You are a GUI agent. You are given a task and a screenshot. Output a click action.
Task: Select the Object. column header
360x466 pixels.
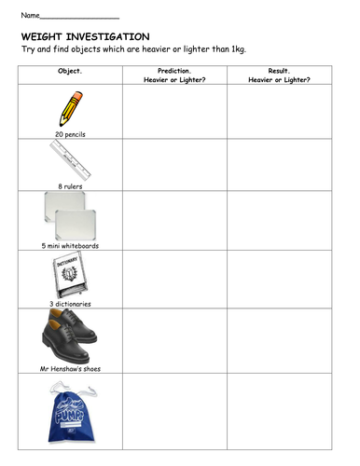[70, 71]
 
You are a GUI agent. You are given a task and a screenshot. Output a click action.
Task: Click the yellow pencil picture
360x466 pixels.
[72, 108]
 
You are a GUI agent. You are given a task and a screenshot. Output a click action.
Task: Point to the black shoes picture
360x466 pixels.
[66, 336]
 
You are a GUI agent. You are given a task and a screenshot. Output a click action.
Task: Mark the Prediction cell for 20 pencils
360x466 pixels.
[174, 111]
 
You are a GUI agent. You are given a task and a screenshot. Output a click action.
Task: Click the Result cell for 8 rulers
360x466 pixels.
[279, 165]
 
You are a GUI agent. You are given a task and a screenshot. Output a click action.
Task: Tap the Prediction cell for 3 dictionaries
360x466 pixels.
[174, 280]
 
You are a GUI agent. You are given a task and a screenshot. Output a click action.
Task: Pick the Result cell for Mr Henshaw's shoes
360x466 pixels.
[279, 341]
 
